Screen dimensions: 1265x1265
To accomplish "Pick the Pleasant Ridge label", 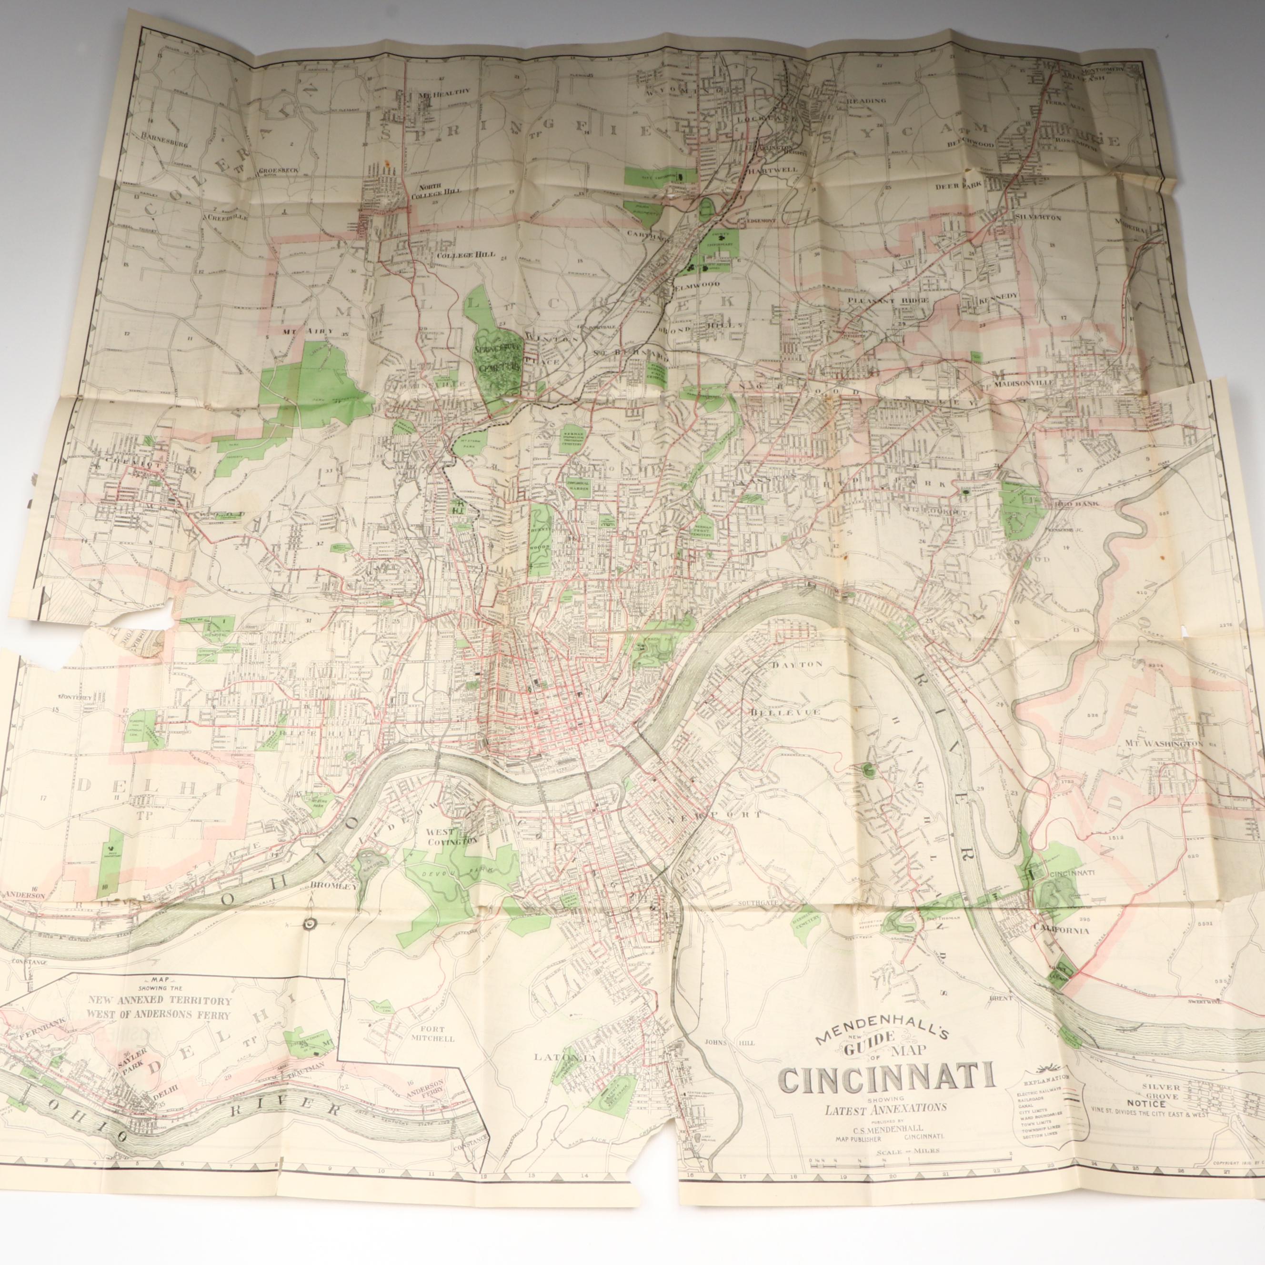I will pos(875,300).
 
